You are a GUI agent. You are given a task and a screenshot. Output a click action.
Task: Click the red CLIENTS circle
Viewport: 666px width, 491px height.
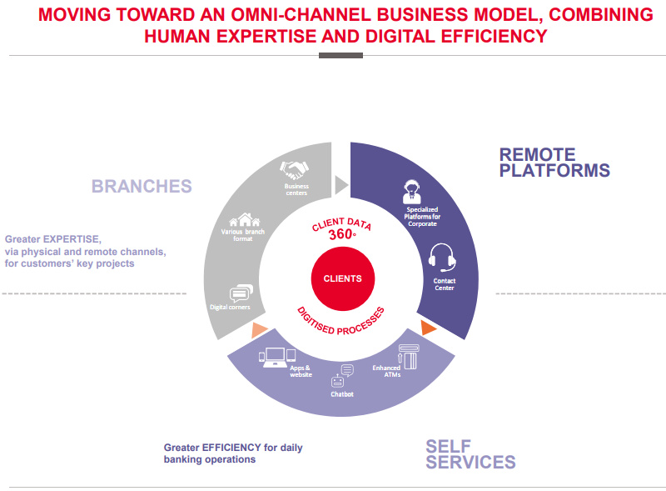[x=343, y=278]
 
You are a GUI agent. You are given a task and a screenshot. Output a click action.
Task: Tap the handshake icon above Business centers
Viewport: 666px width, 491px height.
[x=294, y=170]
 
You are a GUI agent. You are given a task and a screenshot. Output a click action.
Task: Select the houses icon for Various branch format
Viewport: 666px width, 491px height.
[x=244, y=219]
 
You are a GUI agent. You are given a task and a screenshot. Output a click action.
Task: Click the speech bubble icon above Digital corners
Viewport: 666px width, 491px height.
[x=241, y=293]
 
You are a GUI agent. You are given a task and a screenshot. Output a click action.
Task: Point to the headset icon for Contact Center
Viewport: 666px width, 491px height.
[x=442, y=258]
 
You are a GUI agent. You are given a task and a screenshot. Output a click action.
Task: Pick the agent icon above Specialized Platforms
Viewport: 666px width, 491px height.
[x=411, y=192]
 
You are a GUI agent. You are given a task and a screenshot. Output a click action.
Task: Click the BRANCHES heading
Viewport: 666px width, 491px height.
[x=142, y=187]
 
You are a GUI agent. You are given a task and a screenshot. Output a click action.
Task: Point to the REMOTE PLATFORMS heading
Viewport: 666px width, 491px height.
[x=554, y=163]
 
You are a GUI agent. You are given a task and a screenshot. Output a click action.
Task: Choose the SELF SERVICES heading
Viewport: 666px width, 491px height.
[x=470, y=454]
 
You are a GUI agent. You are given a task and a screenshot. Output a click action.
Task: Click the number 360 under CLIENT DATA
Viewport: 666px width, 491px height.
[x=340, y=234]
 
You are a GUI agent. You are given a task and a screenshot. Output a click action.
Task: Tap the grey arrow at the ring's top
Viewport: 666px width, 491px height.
[x=341, y=185]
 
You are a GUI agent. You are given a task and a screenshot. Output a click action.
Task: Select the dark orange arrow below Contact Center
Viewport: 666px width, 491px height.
[x=428, y=328]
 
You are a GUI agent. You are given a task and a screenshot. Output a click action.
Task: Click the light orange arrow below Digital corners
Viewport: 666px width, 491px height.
[x=259, y=330]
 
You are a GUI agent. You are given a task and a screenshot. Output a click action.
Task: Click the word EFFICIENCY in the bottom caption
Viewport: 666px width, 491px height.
[x=231, y=448]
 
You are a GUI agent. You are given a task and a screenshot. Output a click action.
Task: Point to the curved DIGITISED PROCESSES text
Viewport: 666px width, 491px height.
[x=341, y=323]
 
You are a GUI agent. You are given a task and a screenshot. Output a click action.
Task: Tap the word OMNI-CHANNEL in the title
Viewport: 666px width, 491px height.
[x=301, y=15]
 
